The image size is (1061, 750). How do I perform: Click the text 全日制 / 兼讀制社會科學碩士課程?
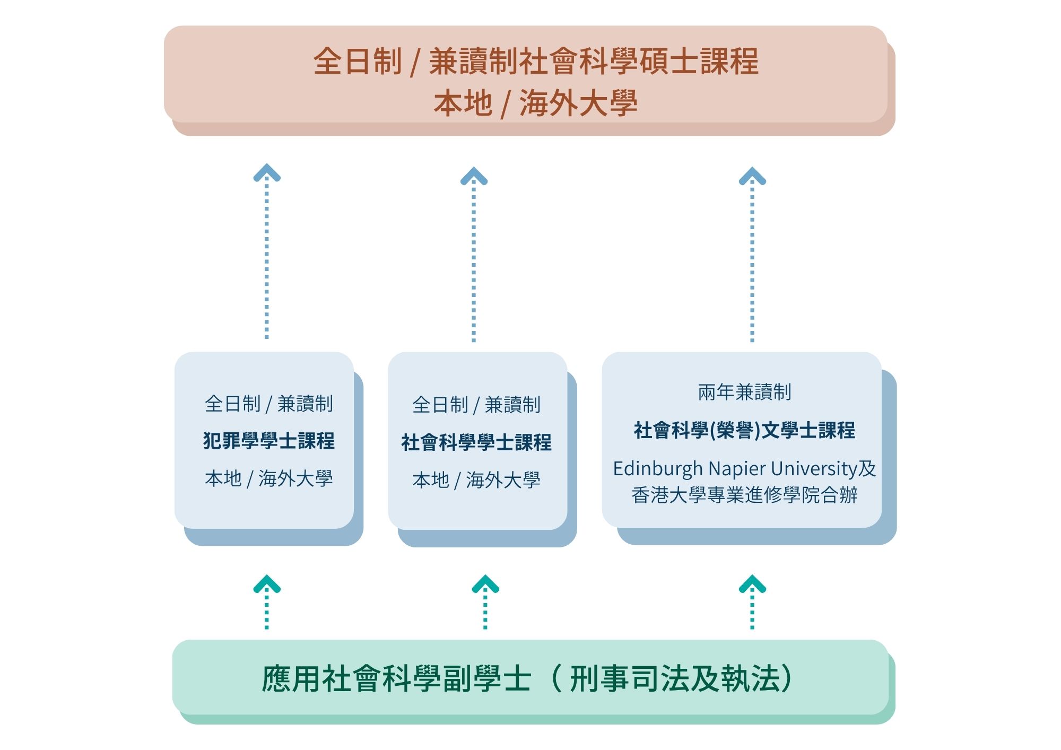536,62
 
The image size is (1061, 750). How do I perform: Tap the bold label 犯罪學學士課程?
269,441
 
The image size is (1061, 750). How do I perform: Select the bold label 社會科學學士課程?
476,442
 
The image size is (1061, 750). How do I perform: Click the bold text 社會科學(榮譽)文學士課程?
744,430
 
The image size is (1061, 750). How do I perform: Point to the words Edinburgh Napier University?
735,469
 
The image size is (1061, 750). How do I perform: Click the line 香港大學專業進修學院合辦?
744,495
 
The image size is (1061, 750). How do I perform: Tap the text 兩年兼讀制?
744,393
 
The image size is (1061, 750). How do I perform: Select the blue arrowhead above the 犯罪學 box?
267,173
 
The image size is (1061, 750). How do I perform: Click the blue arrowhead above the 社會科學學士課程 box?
474,176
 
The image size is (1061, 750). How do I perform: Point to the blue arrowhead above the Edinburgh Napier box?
752,176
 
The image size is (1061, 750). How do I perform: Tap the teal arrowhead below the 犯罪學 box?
267,585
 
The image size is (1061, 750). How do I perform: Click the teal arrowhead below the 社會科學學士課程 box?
485,585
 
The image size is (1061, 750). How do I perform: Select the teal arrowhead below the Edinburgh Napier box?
752,585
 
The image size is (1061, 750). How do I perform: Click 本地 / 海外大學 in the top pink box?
536,103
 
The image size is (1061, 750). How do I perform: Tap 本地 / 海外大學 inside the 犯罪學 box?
269,479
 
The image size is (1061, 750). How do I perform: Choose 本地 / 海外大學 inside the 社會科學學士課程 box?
476,481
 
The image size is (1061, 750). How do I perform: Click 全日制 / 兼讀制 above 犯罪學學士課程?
269,404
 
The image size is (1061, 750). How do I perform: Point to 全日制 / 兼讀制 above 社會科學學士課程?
476,405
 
